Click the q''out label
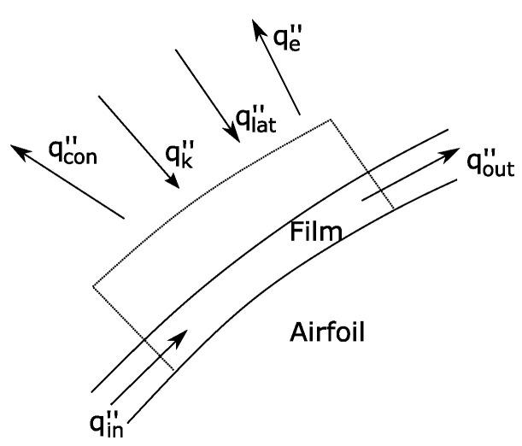[490, 162]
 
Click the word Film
[314, 231]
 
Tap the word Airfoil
[328, 331]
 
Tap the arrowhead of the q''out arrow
[454, 154]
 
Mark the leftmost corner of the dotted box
[92, 286]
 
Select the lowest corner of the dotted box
[173, 370]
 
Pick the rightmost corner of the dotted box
[394, 209]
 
